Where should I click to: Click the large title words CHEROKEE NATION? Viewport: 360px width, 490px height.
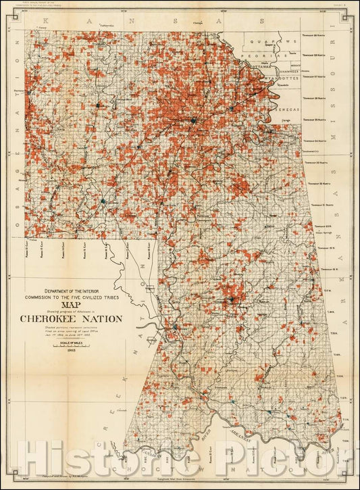pyautogui.click(x=71, y=318)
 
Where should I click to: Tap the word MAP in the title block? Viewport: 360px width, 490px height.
pyautogui.click(x=71, y=303)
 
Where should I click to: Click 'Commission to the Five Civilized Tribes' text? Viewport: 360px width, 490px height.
pyautogui.click(x=71, y=295)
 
